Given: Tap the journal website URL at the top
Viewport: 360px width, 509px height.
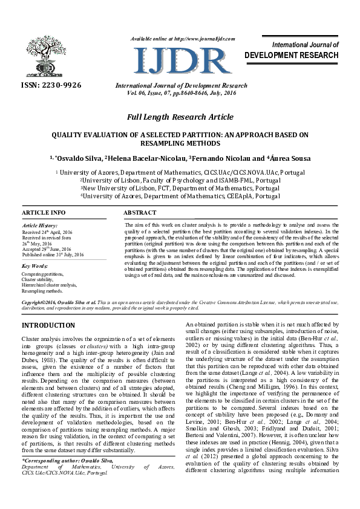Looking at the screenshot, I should pyautogui.click(x=182, y=39).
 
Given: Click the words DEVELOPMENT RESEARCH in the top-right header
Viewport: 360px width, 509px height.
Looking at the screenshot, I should pyautogui.click(x=291, y=56).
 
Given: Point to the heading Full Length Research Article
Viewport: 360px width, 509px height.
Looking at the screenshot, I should pyautogui.click(x=180, y=117).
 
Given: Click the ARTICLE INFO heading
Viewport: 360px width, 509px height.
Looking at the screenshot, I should pyautogui.click(x=44, y=213).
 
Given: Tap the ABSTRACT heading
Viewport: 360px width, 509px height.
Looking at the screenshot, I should pyautogui.click(x=140, y=213).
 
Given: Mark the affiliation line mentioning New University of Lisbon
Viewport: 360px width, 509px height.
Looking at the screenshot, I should pyautogui.click(x=180, y=188).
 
